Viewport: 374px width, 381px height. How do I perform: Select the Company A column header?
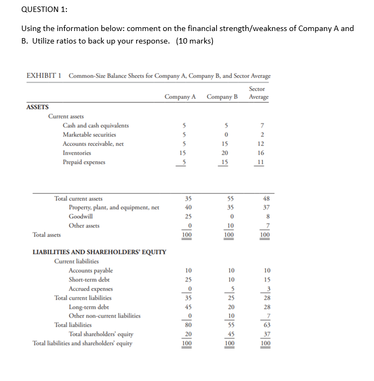tap(180, 96)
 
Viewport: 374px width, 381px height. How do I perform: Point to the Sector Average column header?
tap(258, 93)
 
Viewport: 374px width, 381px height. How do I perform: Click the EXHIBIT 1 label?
tap(44, 76)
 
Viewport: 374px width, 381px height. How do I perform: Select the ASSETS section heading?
tap(38, 107)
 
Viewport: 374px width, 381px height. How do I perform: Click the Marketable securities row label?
tap(89, 134)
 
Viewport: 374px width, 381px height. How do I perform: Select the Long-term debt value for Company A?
tap(188, 306)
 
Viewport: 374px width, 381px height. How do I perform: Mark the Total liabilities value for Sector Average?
tap(265, 325)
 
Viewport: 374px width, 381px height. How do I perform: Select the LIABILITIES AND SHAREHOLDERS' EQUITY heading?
tap(100, 252)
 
